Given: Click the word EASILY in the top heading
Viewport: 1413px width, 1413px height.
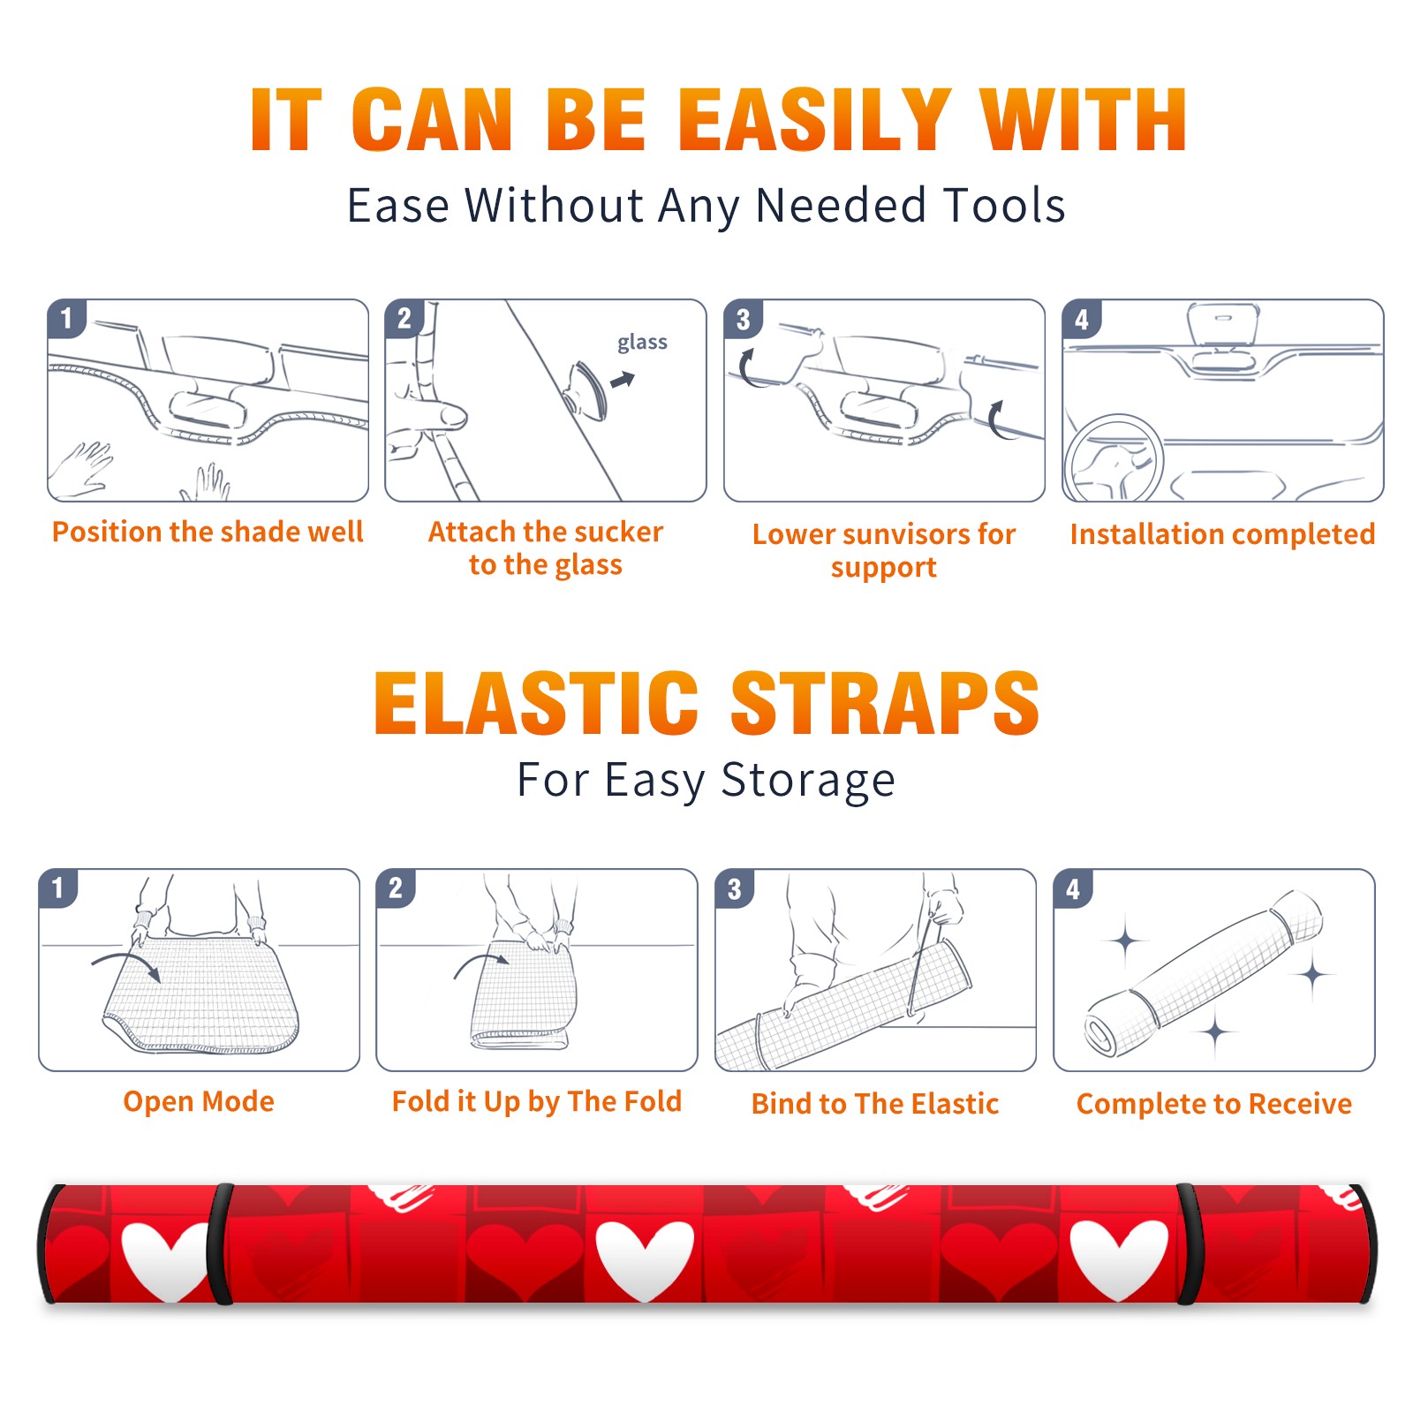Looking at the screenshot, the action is pyautogui.click(x=813, y=120).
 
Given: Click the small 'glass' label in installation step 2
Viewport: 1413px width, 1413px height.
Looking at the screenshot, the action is pyautogui.click(x=642, y=343).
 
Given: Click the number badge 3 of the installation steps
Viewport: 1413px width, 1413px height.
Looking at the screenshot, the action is pyautogui.click(x=743, y=319).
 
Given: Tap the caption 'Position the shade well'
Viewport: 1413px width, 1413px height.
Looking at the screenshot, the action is pyautogui.click(x=208, y=532).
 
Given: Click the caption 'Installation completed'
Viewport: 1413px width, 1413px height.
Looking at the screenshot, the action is pyautogui.click(x=1222, y=534).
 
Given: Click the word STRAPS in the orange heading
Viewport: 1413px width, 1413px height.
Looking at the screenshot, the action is pyautogui.click(x=885, y=703).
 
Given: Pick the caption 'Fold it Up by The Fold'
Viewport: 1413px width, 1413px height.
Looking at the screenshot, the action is pyautogui.click(x=537, y=1102).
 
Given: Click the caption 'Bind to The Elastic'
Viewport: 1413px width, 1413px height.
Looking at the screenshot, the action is pyautogui.click(x=875, y=1104).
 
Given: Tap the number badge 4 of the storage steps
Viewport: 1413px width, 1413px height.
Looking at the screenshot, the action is pyautogui.click(x=1072, y=888).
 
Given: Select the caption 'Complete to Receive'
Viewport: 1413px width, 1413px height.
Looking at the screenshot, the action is pyautogui.click(x=1214, y=1104).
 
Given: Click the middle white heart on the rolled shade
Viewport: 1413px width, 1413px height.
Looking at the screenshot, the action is pyautogui.click(x=645, y=1258).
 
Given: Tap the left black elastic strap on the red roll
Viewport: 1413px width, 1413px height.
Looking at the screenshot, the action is pyautogui.click(x=220, y=1243).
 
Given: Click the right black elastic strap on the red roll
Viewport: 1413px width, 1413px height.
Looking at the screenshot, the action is pyautogui.click(x=1189, y=1243).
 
